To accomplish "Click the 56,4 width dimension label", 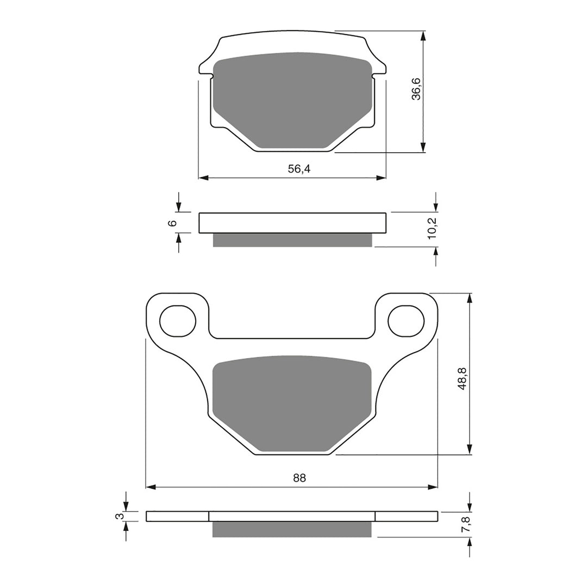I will (x=299, y=169).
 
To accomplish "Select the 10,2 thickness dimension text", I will (x=432, y=226).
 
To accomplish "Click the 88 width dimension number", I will (x=299, y=478).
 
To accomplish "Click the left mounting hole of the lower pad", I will (x=178, y=320).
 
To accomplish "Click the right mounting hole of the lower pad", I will (x=406, y=320).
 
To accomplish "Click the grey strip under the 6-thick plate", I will (x=292, y=240).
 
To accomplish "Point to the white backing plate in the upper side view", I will (x=292, y=223).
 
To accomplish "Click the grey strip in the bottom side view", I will (x=292, y=529).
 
